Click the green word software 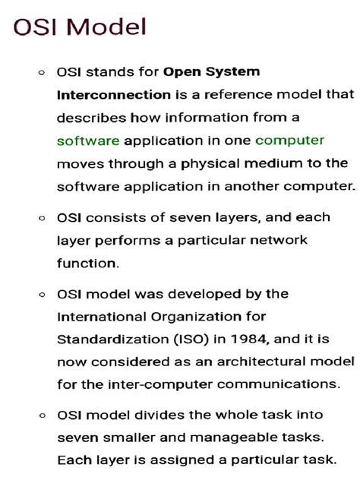[88, 141]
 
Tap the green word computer [289, 141]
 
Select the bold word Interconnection [114, 95]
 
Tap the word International [103, 315]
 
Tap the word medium [276, 163]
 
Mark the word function [88, 262]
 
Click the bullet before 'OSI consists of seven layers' [41, 218]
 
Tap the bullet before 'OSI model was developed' [41, 294]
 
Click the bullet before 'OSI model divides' [41, 415]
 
